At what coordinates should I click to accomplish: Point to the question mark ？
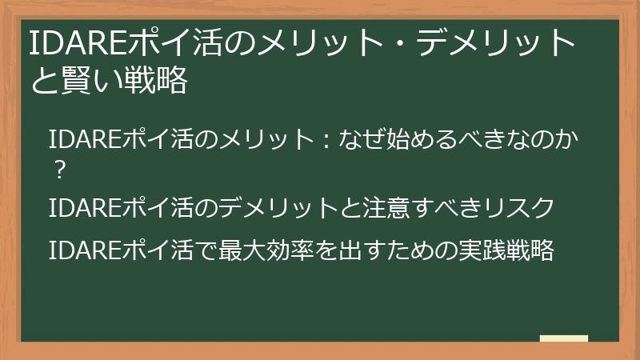point(58,170)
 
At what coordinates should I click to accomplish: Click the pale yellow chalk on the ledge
point(564,338)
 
